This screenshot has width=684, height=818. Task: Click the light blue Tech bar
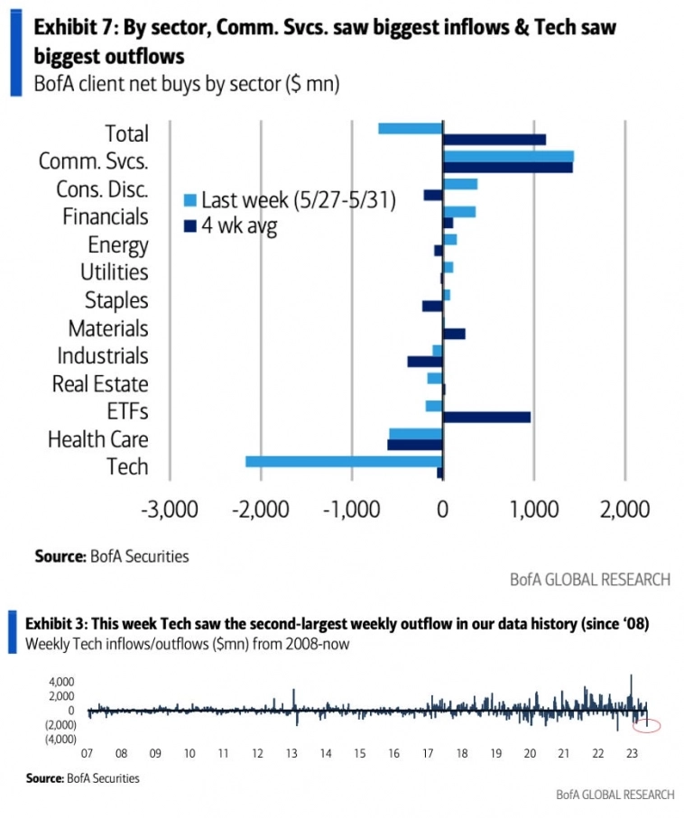(x=344, y=462)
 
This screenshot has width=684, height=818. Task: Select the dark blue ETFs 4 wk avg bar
(x=486, y=417)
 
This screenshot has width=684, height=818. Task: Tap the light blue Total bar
(x=411, y=128)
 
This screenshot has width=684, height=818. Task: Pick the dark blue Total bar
(x=494, y=139)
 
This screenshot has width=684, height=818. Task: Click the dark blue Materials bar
(x=454, y=334)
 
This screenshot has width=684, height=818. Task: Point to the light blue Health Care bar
(x=415, y=434)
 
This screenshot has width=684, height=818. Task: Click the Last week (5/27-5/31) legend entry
(x=298, y=200)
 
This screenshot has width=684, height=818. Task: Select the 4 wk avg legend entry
(x=239, y=225)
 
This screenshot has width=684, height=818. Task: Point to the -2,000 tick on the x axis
(x=261, y=510)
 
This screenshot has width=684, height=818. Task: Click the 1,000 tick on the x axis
(x=533, y=510)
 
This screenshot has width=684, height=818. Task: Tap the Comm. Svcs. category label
(x=93, y=161)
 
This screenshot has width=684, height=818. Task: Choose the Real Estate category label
(x=99, y=384)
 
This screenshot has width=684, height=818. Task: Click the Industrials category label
(x=102, y=356)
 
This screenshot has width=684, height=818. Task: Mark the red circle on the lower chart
(x=648, y=724)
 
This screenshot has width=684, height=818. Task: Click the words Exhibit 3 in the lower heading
(x=55, y=624)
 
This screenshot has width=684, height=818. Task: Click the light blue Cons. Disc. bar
(x=459, y=184)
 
